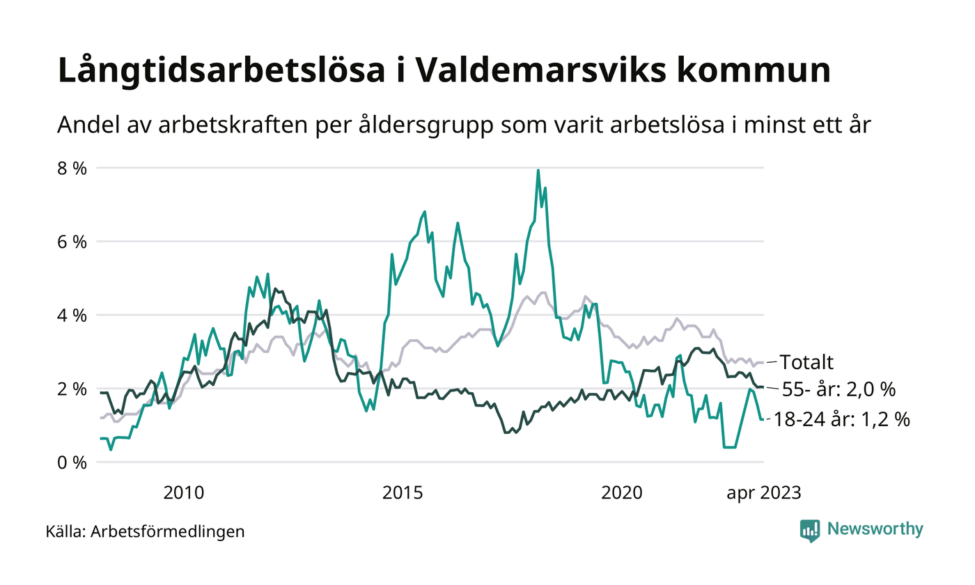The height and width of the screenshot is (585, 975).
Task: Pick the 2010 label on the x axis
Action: pyautogui.click(x=184, y=493)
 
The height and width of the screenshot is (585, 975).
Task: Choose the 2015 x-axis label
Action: pyautogui.click(x=403, y=493)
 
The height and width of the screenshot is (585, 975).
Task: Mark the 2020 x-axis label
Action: pyautogui.click(x=621, y=493)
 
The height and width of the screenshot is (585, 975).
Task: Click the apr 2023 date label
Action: pyautogui.click(x=764, y=493)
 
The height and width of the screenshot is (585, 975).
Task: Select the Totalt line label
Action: pyautogui.click(x=806, y=362)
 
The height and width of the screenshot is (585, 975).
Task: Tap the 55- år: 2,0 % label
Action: pyautogui.click(x=838, y=389)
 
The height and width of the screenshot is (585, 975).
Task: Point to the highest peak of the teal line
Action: pyautogui.click(x=538, y=170)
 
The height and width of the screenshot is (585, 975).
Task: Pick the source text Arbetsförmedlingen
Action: pyautogui.click(x=168, y=531)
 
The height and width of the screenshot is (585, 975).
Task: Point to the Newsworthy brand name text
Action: pyautogui.click(x=875, y=529)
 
